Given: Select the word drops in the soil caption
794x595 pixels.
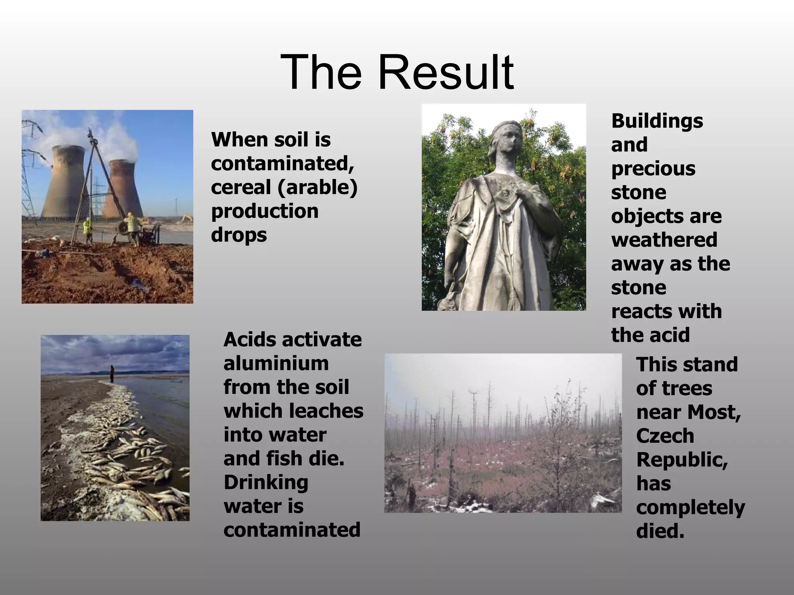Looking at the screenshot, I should click(239, 235).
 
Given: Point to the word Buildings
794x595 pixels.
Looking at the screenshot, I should click(657, 121).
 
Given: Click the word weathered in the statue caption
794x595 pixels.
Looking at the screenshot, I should click(664, 240).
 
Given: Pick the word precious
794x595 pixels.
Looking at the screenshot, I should click(653, 169).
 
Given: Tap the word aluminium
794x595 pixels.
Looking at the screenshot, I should click(276, 363).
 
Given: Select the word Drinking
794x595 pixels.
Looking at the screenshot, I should click(266, 483).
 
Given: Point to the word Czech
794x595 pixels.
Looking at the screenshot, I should click(665, 436).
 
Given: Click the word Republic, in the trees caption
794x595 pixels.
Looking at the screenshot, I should click(682, 460).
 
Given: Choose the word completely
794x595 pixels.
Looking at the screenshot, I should click(690, 507).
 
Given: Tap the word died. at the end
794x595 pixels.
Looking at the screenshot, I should click(660, 531).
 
